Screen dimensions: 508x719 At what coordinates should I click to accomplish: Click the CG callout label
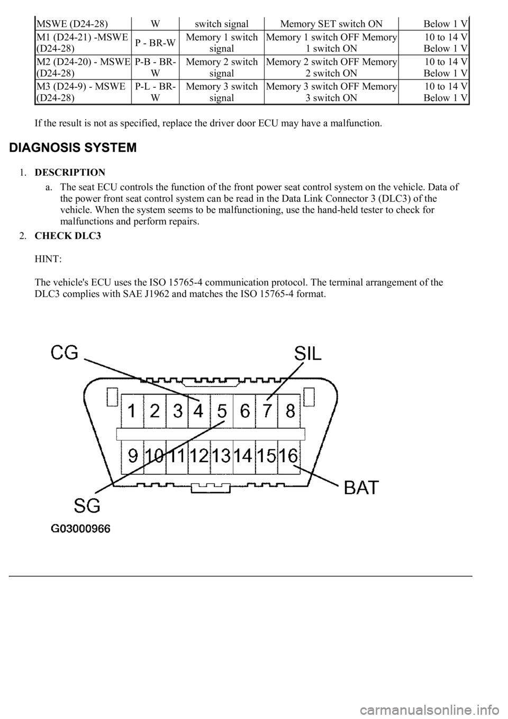[x=64, y=353]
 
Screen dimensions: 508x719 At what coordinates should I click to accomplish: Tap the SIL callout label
[x=308, y=355]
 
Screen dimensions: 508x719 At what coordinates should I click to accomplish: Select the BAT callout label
[x=361, y=488]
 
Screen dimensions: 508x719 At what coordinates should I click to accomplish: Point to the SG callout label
[x=87, y=506]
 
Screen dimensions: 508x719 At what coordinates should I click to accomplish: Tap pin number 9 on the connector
[x=133, y=455]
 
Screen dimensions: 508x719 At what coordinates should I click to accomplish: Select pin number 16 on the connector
[x=288, y=455]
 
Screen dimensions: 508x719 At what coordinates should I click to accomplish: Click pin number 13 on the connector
[x=221, y=455]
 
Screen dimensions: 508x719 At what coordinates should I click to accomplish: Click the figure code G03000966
[x=80, y=528]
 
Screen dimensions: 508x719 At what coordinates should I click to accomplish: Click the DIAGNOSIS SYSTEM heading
[x=73, y=148]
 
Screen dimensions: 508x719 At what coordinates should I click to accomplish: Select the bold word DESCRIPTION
[x=70, y=173]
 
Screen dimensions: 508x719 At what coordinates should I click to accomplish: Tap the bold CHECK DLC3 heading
[x=68, y=236]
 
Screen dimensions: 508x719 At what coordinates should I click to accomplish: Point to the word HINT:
[x=48, y=259]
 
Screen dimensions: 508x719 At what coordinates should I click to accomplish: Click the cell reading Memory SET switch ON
[x=331, y=24]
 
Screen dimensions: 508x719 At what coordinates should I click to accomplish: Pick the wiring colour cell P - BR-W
[x=155, y=43]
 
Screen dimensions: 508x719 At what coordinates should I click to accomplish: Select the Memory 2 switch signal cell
[x=222, y=67]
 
